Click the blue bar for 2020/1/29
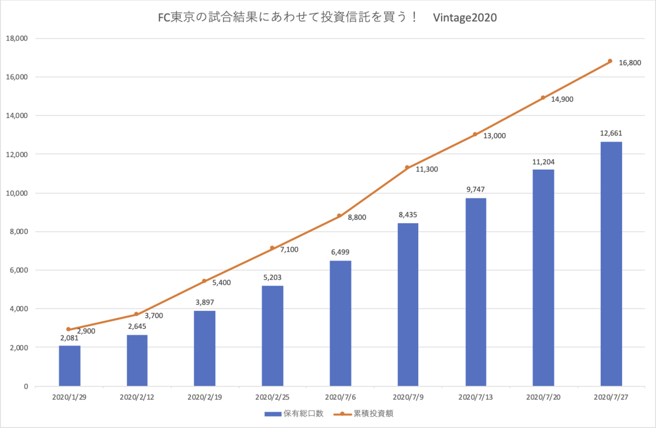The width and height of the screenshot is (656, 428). [69, 366]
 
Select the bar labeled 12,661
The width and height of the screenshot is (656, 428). [611, 264]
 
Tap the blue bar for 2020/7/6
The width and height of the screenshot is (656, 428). [340, 323]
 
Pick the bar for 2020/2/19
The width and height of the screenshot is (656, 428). [204, 348]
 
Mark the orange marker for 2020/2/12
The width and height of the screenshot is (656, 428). [136, 314]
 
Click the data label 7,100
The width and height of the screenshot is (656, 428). [289, 250]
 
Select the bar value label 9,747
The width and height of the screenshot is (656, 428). [475, 189]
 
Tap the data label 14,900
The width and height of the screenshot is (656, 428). [562, 100]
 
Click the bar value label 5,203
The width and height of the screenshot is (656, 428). [272, 277]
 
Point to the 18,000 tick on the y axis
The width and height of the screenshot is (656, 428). [17, 38]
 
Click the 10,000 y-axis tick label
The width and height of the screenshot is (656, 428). [17, 193]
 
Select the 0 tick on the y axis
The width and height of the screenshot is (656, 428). [26, 386]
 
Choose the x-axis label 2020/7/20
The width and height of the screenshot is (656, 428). [543, 397]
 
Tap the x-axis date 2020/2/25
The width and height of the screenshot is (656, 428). [272, 397]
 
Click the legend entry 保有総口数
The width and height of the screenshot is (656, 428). [294, 414]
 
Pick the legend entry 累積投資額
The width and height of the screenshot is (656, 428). [364, 414]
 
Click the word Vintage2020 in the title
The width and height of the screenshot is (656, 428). [465, 18]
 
